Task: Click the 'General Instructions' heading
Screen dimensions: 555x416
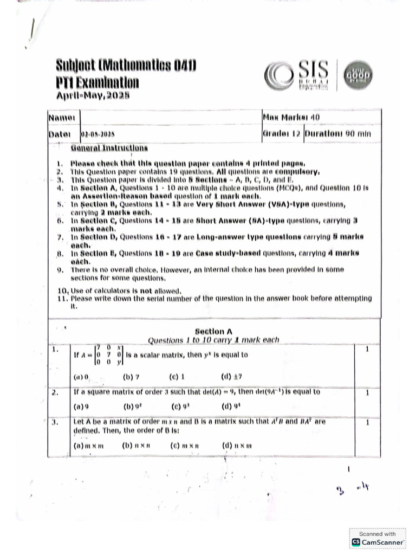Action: [109, 147]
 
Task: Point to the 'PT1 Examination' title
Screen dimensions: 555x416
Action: [97, 83]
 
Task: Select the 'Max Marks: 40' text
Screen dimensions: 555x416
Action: [290, 117]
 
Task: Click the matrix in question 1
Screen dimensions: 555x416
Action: [109, 356]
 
